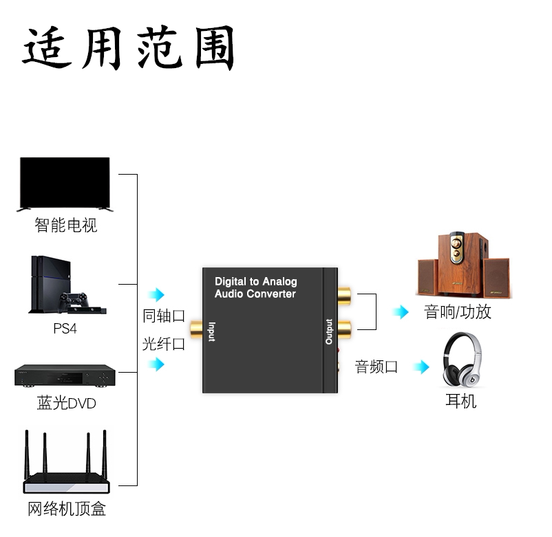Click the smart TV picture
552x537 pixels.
65,184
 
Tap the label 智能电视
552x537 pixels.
66,225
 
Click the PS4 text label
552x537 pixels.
65,329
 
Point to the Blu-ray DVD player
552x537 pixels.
65,375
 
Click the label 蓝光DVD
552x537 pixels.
66,403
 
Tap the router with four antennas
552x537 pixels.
66,462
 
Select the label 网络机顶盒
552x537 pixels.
67,509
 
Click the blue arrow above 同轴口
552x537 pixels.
156,294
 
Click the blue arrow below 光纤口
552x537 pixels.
156,364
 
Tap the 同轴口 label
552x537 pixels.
164,316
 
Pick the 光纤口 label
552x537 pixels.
164,344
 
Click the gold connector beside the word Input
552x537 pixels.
196,329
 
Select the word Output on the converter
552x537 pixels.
329,331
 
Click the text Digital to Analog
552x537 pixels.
256,281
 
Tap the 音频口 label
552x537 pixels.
376,366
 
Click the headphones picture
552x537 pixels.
463,360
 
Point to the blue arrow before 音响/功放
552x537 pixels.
401,311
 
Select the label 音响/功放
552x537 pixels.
457,312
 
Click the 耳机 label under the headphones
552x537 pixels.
461,401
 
